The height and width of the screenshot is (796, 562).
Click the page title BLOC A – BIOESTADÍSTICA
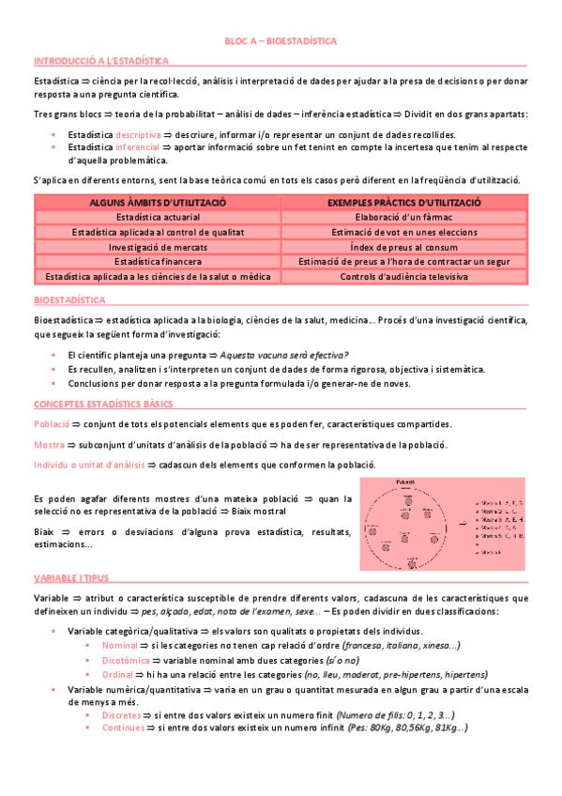[281, 42]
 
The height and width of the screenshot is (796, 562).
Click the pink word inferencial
[138, 147]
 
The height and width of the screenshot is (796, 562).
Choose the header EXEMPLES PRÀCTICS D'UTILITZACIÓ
[404, 203]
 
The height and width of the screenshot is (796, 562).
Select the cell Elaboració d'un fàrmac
[404, 217]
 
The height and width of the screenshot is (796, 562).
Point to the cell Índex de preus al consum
[404, 246]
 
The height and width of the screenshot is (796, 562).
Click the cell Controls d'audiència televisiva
[404, 276]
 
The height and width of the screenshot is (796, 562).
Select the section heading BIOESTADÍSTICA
[69, 299]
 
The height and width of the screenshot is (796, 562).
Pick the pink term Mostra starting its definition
[48, 444]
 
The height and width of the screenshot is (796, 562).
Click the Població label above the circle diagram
[406, 481]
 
